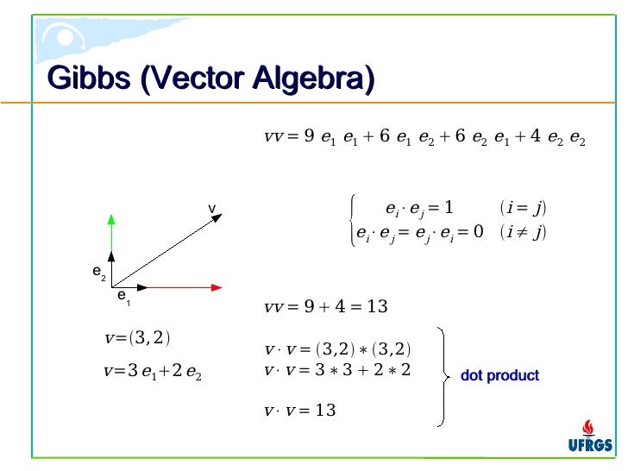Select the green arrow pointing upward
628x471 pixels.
tap(112, 233)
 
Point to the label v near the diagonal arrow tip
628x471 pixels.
tap(210, 210)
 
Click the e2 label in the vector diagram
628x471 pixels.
tap(99, 273)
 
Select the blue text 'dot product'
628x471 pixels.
tap(499, 376)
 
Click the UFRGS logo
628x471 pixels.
tap(590, 436)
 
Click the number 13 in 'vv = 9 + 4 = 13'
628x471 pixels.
tap(377, 307)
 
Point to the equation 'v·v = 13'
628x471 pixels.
tap(299, 410)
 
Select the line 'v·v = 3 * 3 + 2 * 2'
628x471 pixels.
tap(337, 369)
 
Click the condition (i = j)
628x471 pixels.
tap(523, 208)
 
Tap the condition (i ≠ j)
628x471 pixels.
tap(523, 233)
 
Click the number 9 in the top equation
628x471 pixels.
tap(309, 135)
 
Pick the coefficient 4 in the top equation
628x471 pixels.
tap(536, 135)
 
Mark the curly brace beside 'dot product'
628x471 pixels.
tap(443, 375)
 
